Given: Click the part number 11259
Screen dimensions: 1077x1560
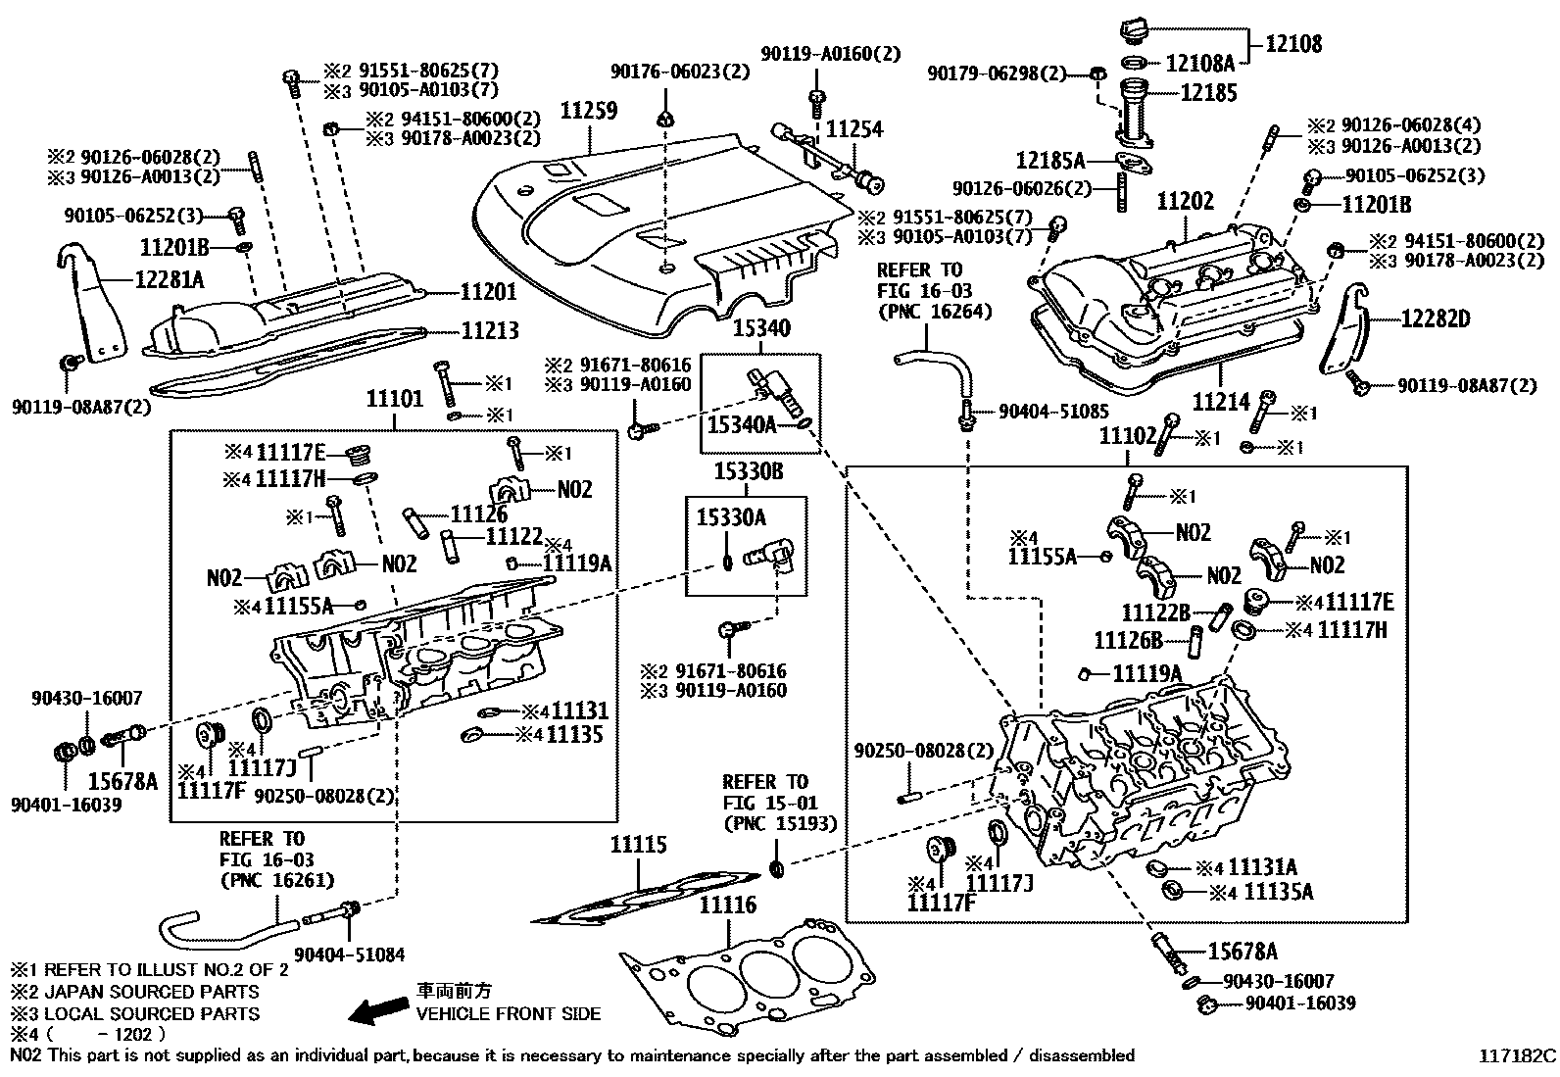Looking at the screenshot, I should [x=589, y=110].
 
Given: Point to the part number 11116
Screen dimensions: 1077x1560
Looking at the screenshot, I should [x=727, y=905].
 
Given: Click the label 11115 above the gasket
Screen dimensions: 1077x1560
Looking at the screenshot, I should [x=638, y=845].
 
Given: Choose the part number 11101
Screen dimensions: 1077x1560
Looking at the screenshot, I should [x=395, y=399].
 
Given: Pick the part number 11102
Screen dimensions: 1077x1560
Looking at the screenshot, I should [x=1128, y=436].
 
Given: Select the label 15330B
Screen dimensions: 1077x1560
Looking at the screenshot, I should [x=748, y=471].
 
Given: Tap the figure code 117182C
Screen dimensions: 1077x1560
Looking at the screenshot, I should [x=1517, y=1056].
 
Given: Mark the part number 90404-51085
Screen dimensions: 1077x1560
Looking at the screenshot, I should [x=1053, y=413].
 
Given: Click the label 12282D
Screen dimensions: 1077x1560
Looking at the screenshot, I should [x=1436, y=319].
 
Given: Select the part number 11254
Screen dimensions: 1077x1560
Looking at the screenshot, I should [x=853, y=129].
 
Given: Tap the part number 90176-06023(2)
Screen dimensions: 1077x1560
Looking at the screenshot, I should [x=680, y=72].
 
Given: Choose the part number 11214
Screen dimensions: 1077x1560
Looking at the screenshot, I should [x=1221, y=401].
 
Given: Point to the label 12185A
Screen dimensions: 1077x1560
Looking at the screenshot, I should [x=1050, y=160].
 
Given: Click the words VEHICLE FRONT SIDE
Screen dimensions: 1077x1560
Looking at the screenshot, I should [x=509, y=1013].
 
